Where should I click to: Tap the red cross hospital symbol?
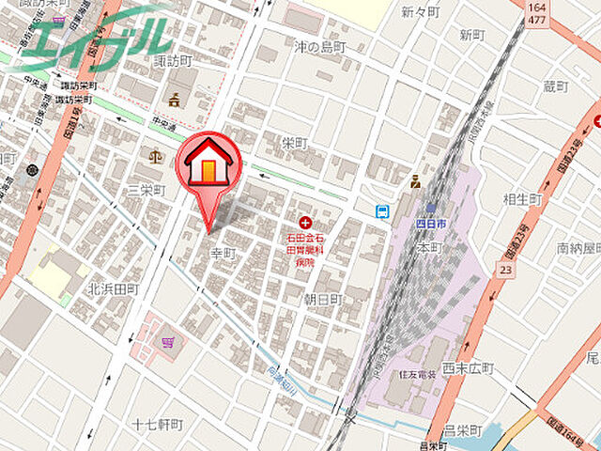305,223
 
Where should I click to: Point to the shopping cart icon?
168,341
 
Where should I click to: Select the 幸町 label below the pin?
223,254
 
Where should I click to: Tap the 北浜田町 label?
114,288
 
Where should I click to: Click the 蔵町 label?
556,86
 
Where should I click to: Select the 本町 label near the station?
429,247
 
